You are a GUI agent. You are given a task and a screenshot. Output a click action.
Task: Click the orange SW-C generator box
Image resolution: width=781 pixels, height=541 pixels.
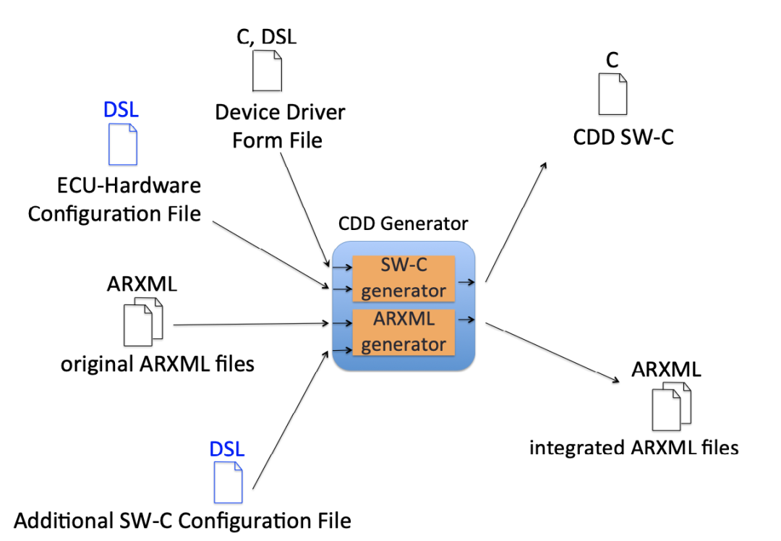point(403,278)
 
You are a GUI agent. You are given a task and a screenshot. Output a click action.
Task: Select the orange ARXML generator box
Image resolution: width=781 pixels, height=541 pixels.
point(403,332)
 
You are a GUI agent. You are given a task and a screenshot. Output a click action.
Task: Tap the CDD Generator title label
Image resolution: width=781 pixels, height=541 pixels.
point(403,223)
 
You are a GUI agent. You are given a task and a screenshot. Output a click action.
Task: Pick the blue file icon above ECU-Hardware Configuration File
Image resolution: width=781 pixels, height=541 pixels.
point(121,143)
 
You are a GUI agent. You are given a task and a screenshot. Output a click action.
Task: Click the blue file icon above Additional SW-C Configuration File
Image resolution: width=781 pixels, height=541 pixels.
point(228,482)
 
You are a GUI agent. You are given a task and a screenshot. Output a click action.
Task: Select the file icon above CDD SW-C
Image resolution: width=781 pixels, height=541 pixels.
point(612,94)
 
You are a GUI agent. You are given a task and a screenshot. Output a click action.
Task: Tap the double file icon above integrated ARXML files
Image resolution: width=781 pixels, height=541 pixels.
point(671,406)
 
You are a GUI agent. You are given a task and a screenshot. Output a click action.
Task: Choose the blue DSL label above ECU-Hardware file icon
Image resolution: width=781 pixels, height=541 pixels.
point(121,110)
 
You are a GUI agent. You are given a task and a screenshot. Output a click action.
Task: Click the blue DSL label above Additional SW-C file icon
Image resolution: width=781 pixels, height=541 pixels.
point(227,448)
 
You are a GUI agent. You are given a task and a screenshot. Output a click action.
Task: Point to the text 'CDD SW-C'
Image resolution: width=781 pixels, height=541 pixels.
point(623,137)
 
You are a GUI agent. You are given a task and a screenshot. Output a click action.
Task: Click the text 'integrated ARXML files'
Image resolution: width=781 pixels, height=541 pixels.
point(633,448)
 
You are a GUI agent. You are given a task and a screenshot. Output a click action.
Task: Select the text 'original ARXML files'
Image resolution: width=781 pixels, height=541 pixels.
point(158,364)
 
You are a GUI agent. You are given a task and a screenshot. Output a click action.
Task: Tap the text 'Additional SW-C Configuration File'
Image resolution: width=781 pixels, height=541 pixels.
point(182,520)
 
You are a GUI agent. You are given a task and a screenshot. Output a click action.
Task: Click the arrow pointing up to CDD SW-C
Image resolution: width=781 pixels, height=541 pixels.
point(516,221)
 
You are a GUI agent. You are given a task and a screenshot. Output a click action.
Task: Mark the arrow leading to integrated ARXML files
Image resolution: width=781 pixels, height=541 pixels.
point(554,354)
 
